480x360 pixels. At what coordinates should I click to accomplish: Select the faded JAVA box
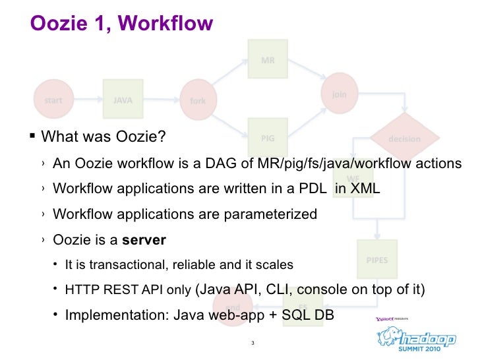pos(123,100)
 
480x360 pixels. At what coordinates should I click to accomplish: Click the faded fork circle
pos(198,101)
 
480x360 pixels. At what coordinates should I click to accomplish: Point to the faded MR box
pos(268,61)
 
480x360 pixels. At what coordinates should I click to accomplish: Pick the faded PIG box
pos(268,138)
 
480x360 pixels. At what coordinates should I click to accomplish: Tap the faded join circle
pos(339,94)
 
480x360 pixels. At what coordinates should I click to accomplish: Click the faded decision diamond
pos(404,139)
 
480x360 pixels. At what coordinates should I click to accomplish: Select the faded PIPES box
pos(377,260)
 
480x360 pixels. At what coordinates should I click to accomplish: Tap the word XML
pos(365,189)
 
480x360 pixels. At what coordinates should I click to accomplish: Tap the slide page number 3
pos(253,343)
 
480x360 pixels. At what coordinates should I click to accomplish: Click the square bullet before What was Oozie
pos(34,138)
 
